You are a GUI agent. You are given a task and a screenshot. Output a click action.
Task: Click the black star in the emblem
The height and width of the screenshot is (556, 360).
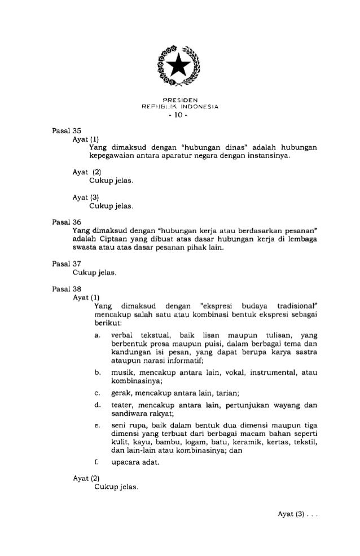[x=180, y=67]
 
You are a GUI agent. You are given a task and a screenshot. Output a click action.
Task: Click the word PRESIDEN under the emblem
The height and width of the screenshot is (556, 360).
[x=179, y=101]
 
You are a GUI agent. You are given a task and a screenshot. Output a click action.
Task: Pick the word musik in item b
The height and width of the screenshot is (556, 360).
[x=121, y=372]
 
